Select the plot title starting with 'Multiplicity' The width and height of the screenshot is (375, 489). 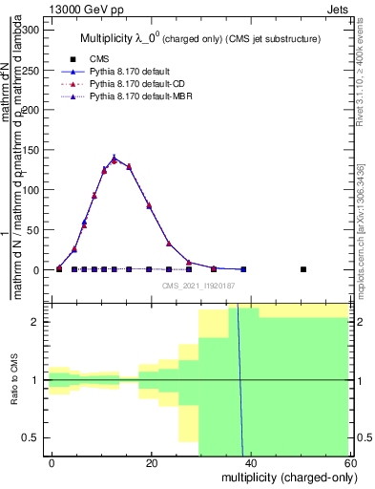(x=198, y=38)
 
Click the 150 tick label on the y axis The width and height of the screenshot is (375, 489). (x=31, y=150)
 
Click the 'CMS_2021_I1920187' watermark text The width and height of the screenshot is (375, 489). (x=198, y=286)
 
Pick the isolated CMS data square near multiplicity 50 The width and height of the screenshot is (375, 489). (x=303, y=269)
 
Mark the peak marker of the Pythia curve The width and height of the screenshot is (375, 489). (x=115, y=159)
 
